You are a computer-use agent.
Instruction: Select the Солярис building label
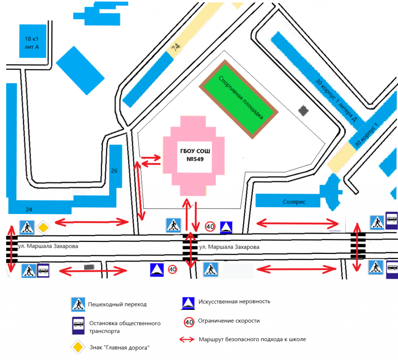[294, 202]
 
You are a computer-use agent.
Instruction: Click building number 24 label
[29, 209]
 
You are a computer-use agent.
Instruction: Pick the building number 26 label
[114, 170]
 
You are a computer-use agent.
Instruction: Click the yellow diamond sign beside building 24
[44, 227]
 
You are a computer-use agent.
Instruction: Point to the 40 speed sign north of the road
[210, 226]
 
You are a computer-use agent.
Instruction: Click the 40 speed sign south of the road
[172, 269]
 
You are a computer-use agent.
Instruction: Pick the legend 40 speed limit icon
[189, 322]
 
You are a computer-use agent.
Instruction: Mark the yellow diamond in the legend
[77, 347]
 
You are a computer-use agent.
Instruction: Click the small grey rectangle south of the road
[89, 267]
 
